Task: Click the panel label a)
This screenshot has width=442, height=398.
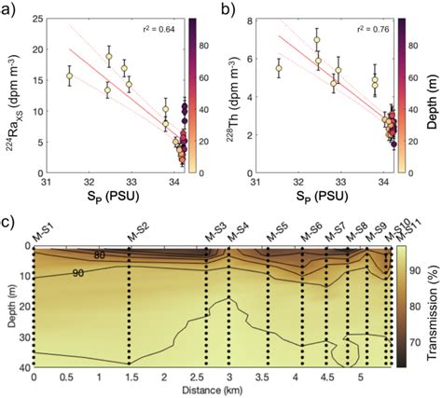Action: [x=10, y=8]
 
